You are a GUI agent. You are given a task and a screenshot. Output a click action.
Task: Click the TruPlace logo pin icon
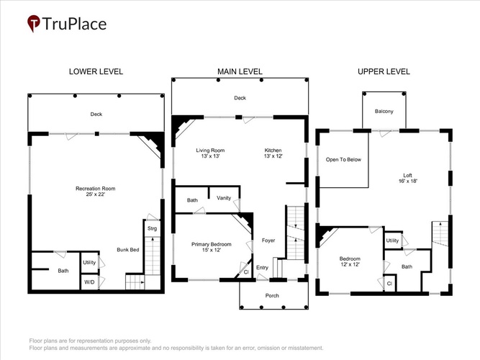34,23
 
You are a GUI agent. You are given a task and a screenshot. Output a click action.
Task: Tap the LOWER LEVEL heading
96,72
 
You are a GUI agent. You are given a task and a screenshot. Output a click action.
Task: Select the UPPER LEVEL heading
384,72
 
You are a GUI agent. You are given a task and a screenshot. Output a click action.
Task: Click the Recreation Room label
96,189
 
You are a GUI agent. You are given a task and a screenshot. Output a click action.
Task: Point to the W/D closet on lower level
89,282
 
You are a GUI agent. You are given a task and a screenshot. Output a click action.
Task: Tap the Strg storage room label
152,228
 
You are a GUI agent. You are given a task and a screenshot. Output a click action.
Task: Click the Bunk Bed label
128,250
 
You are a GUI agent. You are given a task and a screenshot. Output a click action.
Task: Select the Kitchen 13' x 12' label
273,153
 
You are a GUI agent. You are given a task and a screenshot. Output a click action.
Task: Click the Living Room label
210,150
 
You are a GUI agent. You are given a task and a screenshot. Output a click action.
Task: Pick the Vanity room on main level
224,199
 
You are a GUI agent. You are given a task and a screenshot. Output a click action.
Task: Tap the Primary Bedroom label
212,244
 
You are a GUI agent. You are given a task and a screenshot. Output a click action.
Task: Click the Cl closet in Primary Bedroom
245,271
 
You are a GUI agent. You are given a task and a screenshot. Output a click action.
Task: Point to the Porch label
272,296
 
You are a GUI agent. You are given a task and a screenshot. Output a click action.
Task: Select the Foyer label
268,240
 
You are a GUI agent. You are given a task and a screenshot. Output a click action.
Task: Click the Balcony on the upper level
384,111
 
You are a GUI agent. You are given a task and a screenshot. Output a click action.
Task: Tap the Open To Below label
343,160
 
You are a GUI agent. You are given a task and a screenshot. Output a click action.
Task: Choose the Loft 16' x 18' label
408,178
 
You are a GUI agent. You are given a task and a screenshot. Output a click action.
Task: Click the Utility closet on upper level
392,240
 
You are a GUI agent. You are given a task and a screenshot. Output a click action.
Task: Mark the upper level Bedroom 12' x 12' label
350,261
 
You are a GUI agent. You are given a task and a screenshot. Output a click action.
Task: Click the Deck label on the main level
240,98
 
